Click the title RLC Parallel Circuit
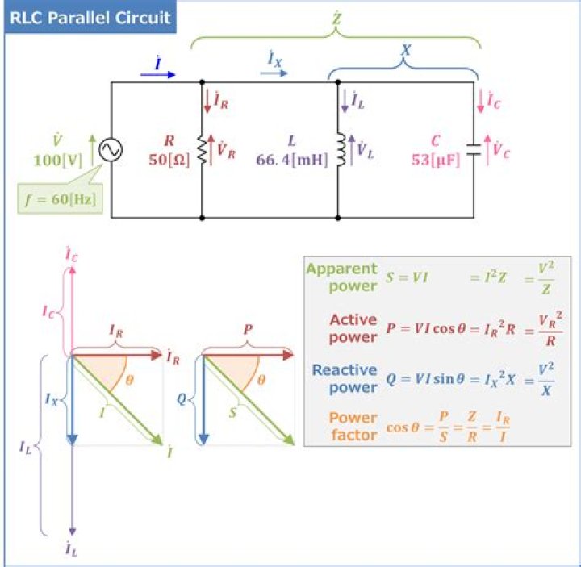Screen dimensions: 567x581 pos(90,18)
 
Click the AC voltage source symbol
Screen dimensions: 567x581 pos(111,150)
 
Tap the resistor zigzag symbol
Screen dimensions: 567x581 pos(202,150)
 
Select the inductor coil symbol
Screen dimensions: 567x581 pos(340,150)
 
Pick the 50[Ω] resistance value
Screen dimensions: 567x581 pos(169,160)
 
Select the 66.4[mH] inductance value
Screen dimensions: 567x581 pos(292,160)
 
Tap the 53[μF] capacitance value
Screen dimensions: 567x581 pos(435,160)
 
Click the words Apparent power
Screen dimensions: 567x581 pos(342,277)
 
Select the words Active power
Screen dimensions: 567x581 pos(353,329)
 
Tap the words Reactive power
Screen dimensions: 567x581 pos(345,379)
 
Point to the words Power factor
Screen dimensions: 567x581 pos(353,426)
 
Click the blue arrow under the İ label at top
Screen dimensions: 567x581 pos(158,73)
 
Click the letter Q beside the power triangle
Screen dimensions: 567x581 pos(182,398)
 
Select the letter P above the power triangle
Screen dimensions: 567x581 pos(246,330)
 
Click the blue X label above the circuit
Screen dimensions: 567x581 pos(406,50)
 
